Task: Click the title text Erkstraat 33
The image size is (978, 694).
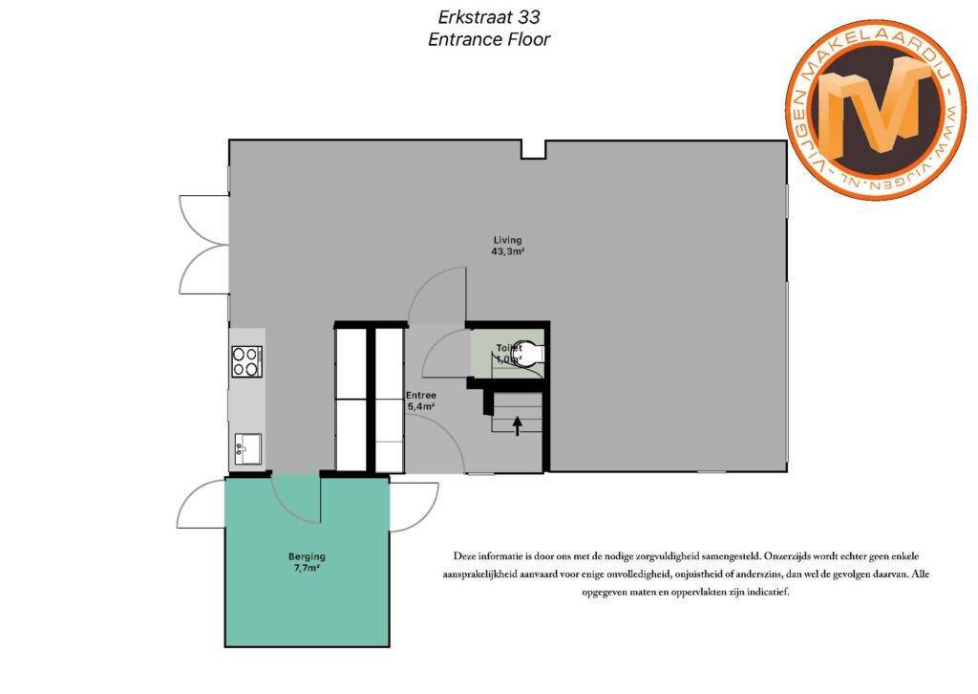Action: tap(489, 16)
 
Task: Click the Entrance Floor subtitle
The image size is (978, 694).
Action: tap(489, 39)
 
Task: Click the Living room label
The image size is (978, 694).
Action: tap(507, 240)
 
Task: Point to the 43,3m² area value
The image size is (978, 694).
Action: tap(507, 251)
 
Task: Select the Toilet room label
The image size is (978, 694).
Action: tap(509, 348)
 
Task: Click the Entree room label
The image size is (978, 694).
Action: tap(421, 395)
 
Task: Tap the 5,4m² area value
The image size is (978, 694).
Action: tap(421, 406)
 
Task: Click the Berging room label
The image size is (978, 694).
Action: tap(307, 556)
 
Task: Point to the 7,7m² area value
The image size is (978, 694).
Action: tap(307, 568)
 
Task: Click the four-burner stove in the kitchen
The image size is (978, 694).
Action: tap(247, 361)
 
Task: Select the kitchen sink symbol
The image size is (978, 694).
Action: tap(248, 448)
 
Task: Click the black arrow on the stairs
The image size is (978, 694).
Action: tap(517, 425)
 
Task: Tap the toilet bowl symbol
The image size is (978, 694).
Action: tap(528, 354)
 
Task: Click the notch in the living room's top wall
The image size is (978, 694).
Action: tap(533, 150)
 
